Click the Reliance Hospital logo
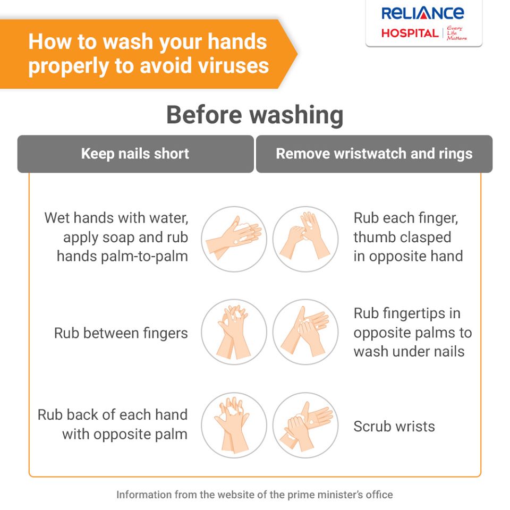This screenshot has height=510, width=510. [424, 23]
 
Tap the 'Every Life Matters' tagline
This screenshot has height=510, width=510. [456, 33]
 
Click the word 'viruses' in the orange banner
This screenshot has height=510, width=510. [234, 65]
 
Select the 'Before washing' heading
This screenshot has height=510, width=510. [255, 115]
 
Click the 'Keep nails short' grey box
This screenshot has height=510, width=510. [135, 154]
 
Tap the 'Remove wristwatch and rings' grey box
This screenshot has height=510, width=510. [375, 154]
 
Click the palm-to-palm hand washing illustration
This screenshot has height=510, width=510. [234, 239]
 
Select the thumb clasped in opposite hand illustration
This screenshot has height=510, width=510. [305, 239]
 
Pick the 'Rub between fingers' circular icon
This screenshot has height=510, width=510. [234, 332]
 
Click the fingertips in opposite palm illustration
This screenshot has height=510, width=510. [305, 332]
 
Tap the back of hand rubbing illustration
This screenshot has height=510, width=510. [234, 425]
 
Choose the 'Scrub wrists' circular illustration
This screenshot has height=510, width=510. [305, 425]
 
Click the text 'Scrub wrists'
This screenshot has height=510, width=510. [394, 426]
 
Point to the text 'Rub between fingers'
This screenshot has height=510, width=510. [121, 334]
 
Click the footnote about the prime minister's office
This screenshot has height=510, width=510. [254, 495]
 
